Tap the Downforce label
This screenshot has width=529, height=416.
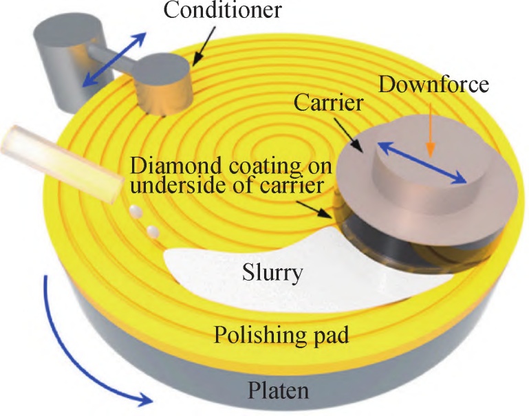click(433, 85)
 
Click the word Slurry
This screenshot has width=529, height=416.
click(274, 273)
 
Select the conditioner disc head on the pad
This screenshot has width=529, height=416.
click(163, 86)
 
